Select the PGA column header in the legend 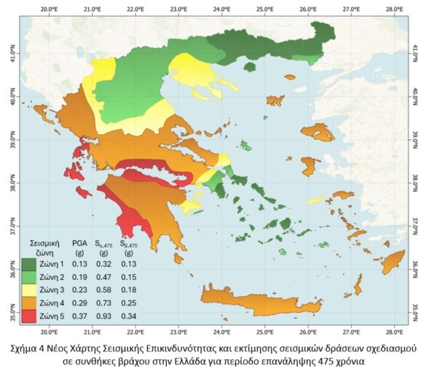[79, 243]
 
